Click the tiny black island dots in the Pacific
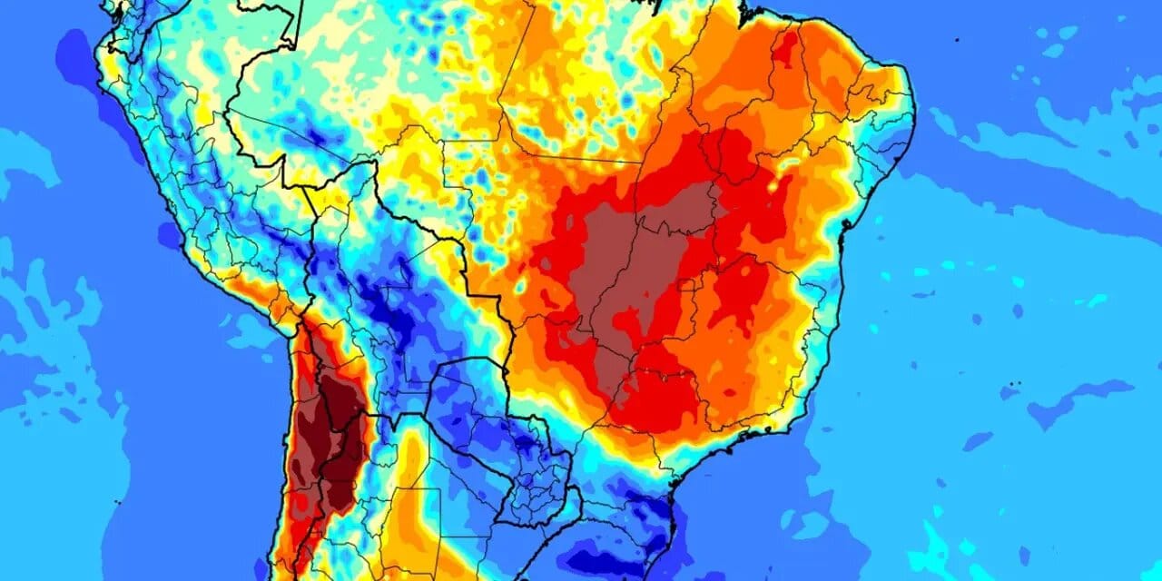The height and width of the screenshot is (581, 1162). click(117, 501)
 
